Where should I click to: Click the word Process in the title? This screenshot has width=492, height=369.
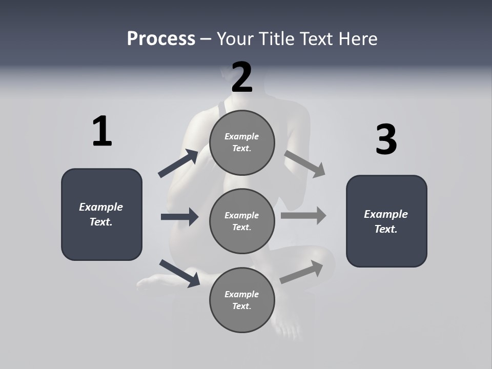click(x=161, y=38)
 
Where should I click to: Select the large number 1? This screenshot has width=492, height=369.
click(x=102, y=132)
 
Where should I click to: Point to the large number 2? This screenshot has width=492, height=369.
click(x=242, y=77)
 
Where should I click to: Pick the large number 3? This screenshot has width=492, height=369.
click(x=386, y=139)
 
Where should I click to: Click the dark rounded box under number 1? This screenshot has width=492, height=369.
click(x=101, y=214)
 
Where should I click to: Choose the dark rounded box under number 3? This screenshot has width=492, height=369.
click(x=386, y=221)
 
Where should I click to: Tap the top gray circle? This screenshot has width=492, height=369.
click(x=242, y=142)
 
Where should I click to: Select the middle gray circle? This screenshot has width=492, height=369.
click(x=242, y=221)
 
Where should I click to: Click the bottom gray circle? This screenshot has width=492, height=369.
click(x=242, y=300)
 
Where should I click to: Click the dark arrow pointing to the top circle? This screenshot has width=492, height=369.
click(x=178, y=164)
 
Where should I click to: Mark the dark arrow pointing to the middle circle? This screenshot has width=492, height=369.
click(x=179, y=217)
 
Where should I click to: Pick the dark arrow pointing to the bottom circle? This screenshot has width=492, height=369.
click(x=179, y=273)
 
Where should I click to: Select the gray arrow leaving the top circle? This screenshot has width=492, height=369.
click(x=304, y=164)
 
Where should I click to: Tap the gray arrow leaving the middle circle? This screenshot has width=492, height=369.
click(x=303, y=215)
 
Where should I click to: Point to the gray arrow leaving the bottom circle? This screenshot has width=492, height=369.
click(x=301, y=272)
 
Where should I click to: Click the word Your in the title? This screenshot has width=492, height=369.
click(x=235, y=38)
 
